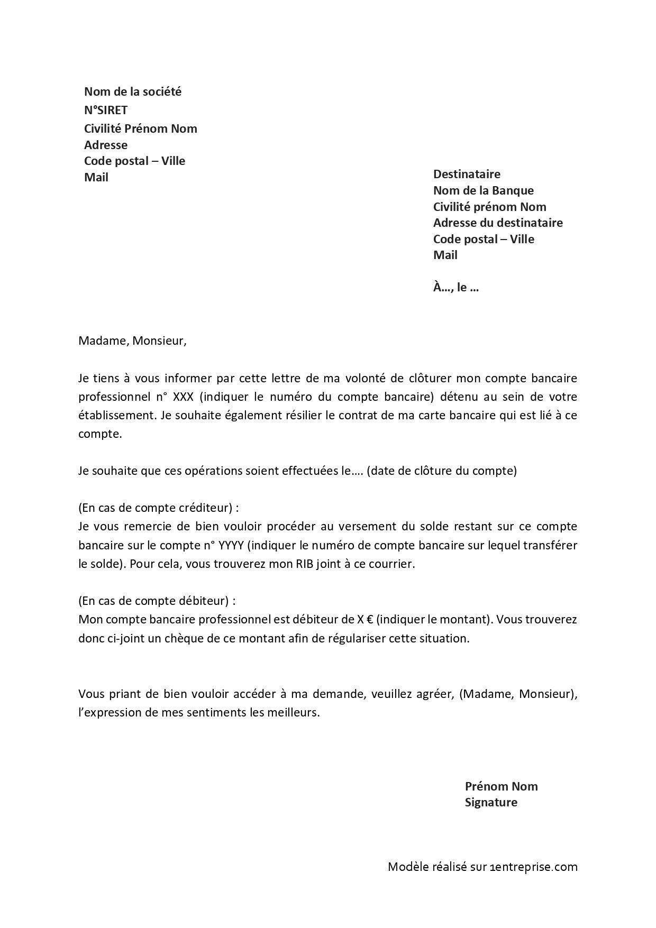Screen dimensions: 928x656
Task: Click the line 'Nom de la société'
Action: (x=133, y=91)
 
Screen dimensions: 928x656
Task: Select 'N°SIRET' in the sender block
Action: (x=106, y=110)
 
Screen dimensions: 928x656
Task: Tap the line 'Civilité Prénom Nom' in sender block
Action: (x=141, y=128)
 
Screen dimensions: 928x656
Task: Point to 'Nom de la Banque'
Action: (x=484, y=190)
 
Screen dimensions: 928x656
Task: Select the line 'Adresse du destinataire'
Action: (x=498, y=223)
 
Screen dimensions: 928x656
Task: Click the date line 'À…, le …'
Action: (x=456, y=288)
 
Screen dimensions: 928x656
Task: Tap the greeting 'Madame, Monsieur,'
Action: (x=133, y=341)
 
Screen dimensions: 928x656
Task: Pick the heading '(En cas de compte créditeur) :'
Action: (x=159, y=508)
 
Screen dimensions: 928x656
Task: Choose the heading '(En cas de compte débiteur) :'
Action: (x=157, y=601)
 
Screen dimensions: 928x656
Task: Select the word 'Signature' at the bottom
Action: (x=491, y=802)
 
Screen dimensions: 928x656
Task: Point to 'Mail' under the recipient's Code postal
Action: (x=445, y=255)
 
